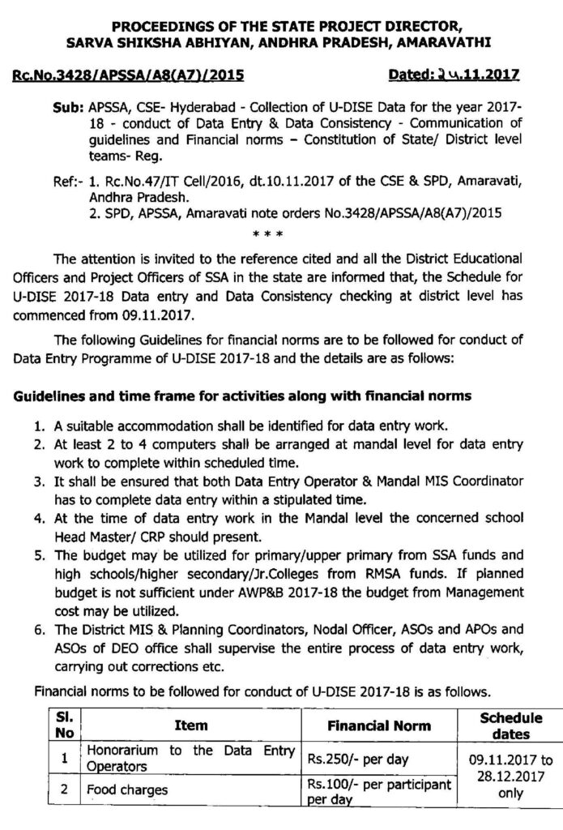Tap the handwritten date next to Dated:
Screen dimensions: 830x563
[464, 75]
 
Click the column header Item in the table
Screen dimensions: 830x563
[191, 725]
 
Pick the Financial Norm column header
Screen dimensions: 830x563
[378, 725]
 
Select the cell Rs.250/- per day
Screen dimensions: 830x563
[359, 759]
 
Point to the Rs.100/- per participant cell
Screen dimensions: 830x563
[377, 789]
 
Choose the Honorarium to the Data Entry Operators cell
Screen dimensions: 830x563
[191, 758]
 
